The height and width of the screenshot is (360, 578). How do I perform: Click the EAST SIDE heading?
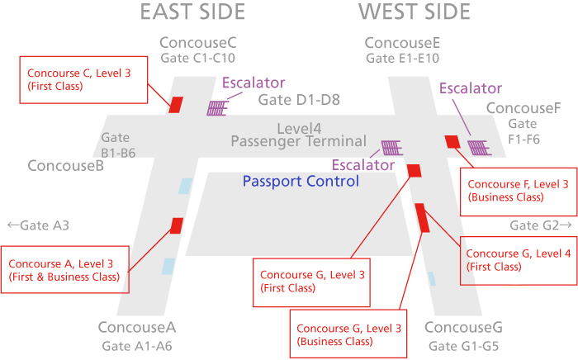click(192, 12)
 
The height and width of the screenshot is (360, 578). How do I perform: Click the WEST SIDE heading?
click(414, 12)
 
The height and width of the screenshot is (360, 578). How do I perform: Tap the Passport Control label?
click(301, 181)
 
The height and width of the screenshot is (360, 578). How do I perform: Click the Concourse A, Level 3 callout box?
click(65, 269)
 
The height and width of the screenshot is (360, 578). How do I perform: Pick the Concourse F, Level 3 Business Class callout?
click(517, 191)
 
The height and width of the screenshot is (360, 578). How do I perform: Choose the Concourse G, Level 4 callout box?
click(519, 260)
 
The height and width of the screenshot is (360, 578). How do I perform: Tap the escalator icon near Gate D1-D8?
click(218, 108)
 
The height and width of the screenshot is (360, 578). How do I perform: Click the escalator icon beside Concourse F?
click(478, 148)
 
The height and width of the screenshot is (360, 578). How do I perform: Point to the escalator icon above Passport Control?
click(391, 148)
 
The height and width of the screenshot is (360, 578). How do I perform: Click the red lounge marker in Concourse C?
click(176, 105)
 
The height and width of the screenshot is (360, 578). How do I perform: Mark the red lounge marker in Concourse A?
click(177, 225)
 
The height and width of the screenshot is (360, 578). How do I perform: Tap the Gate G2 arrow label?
click(540, 225)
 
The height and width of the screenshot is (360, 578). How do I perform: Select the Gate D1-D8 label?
click(299, 101)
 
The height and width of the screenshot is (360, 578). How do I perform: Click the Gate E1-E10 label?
click(402, 58)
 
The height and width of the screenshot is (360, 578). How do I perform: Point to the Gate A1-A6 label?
click(137, 345)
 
